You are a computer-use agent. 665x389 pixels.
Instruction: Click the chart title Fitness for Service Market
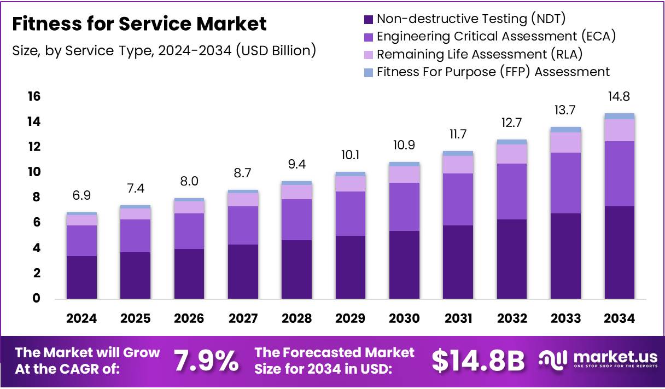(x=139, y=24)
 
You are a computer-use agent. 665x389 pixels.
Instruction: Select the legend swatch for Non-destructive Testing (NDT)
(x=369, y=19)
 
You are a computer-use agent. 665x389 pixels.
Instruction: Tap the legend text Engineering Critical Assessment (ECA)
(x=497, y=37)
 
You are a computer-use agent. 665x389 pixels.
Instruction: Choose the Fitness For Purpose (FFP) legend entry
(x=493, y=72)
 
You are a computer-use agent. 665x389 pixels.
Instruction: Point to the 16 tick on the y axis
(x=34, y=96)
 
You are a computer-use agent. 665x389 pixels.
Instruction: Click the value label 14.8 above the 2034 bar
(x=620, y=97)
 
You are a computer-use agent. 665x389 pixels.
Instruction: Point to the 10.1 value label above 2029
(x=351, y=155)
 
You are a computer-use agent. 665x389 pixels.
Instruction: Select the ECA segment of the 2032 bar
(x=512, y=191)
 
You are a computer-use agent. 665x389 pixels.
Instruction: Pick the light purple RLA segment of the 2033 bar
(x=565, y=142)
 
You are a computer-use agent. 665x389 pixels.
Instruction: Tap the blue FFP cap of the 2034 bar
(x=620, y=116)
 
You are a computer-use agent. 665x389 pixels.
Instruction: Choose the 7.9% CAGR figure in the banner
(x=206, y=361)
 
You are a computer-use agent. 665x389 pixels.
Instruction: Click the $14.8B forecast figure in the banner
(x=478, y=361)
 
